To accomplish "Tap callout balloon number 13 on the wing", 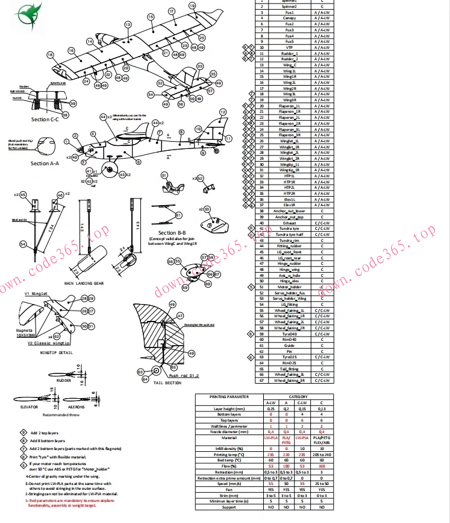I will [128, 24].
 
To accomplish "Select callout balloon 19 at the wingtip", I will [192, 5].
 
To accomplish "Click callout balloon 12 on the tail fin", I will [222, 112].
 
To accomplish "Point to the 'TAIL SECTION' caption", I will [167, 383].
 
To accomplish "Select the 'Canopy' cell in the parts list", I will [289, 18].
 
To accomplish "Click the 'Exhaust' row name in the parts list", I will [289, 223].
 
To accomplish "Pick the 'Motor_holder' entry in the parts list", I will [289, 287].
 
